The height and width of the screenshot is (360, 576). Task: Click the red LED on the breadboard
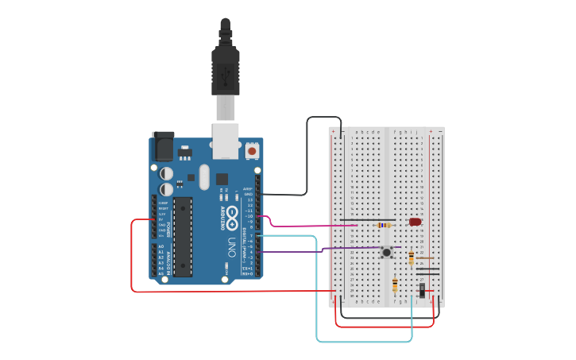click(415, 222)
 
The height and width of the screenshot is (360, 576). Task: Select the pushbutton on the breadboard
click(387, 252)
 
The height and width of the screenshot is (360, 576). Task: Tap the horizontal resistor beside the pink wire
click(385, 225)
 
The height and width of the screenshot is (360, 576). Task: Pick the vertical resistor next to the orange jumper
click(411, 257)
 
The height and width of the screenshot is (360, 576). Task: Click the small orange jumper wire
click(425, 257)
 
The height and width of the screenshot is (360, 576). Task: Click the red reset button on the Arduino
click(253, 149)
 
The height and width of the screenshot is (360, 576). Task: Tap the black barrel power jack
click(163, 146)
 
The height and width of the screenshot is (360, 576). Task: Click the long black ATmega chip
click(183, 236)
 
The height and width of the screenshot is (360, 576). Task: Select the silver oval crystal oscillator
click(204, 176)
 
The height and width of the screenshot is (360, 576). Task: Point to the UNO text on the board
click(232, 242)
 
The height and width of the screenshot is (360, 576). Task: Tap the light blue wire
click(318, 302)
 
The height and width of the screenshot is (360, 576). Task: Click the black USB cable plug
click(225, 68)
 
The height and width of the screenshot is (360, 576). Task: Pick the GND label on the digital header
click(248, 194)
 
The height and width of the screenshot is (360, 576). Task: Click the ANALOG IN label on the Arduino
click(168, 258)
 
